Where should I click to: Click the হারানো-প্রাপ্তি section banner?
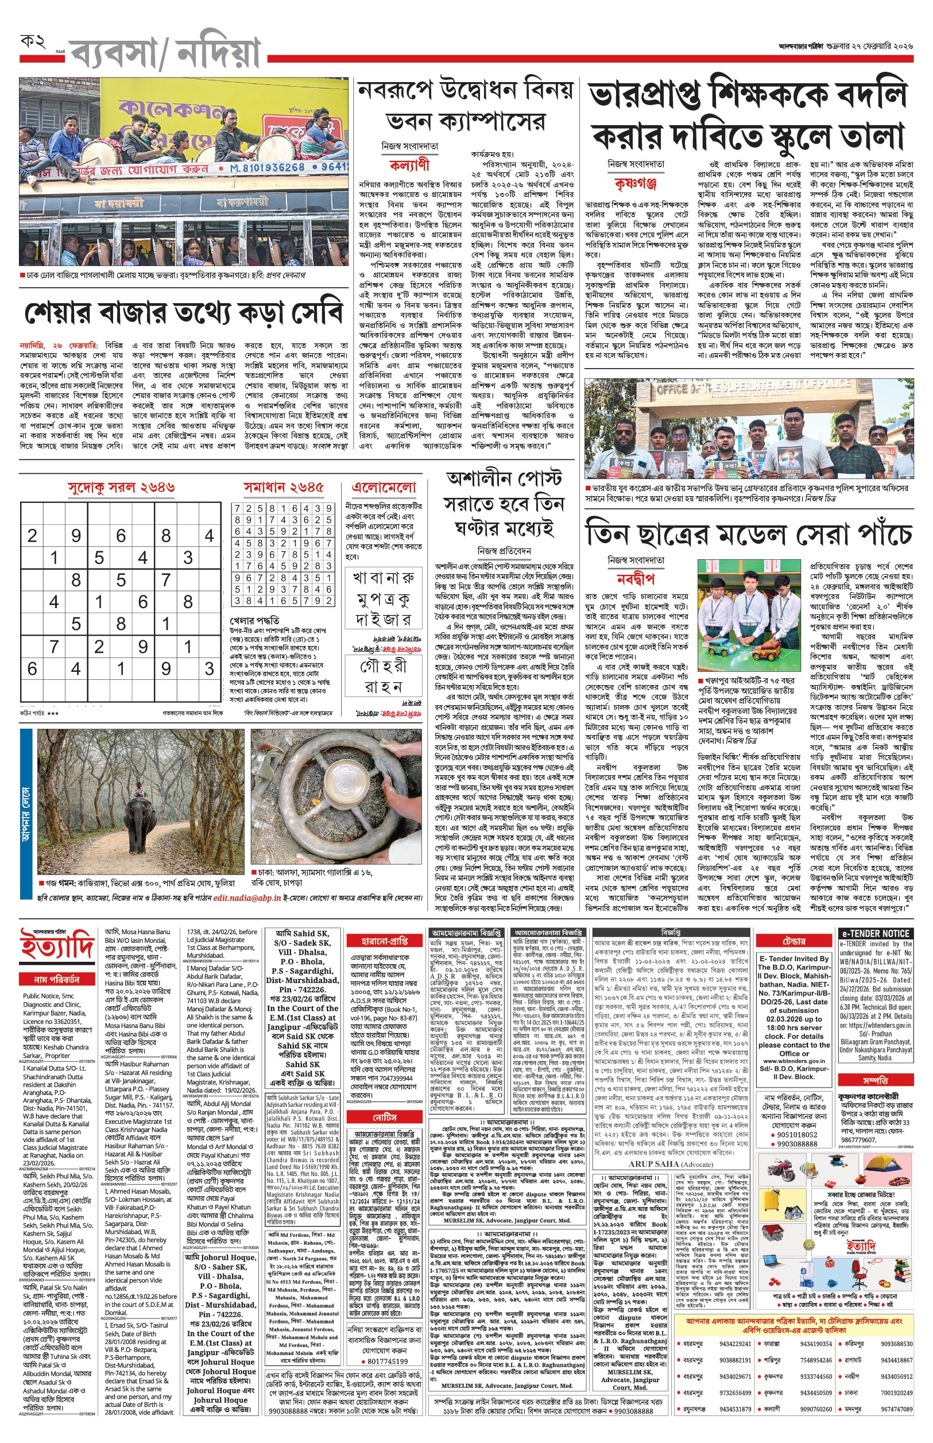(385, 941)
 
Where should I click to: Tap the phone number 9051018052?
(797, 1135)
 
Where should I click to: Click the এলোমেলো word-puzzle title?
(384, 488)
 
